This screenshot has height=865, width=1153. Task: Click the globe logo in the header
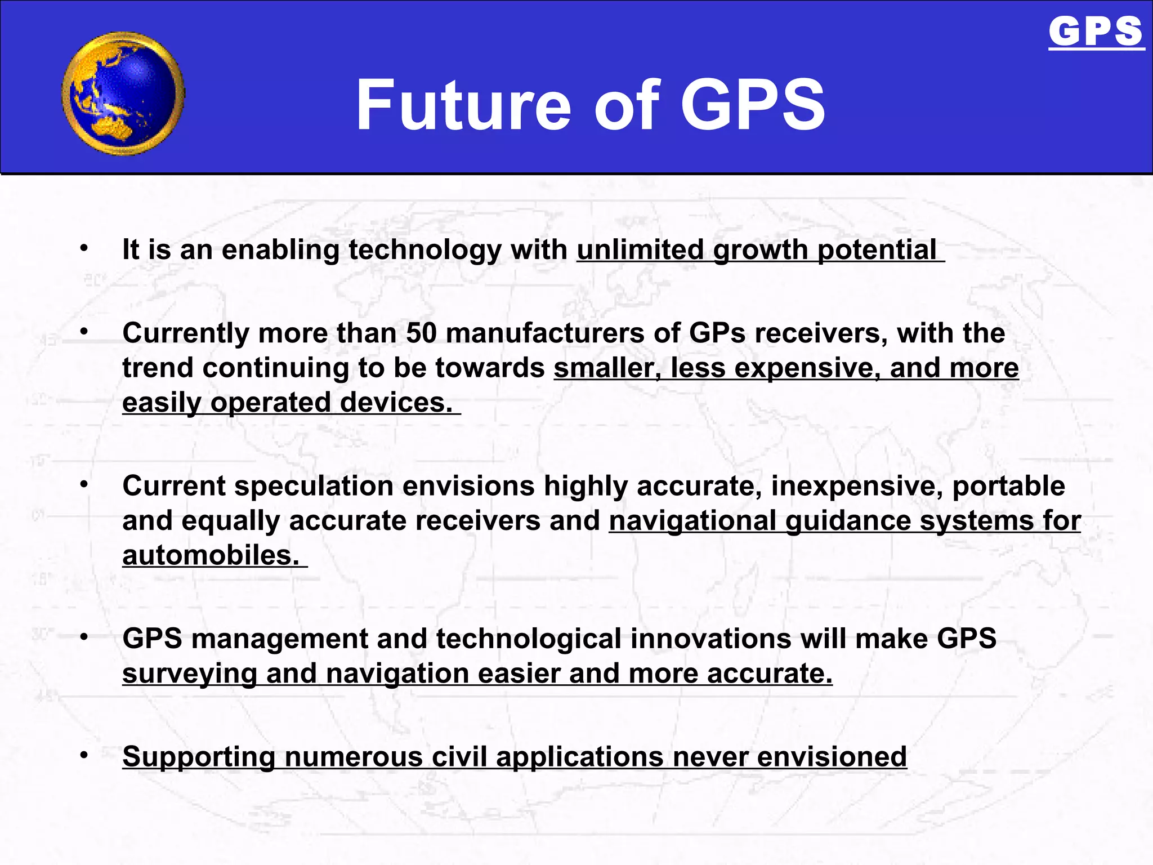[123, 93]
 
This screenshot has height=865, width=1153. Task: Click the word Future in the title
[463, 105]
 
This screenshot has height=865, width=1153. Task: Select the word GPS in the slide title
[753, 105]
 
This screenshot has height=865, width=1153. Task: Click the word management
[279, 639]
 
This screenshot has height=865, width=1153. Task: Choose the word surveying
[190, 674]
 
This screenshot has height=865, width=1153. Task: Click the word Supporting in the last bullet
[199, 757]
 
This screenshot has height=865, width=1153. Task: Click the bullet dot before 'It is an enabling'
[84, 248]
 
